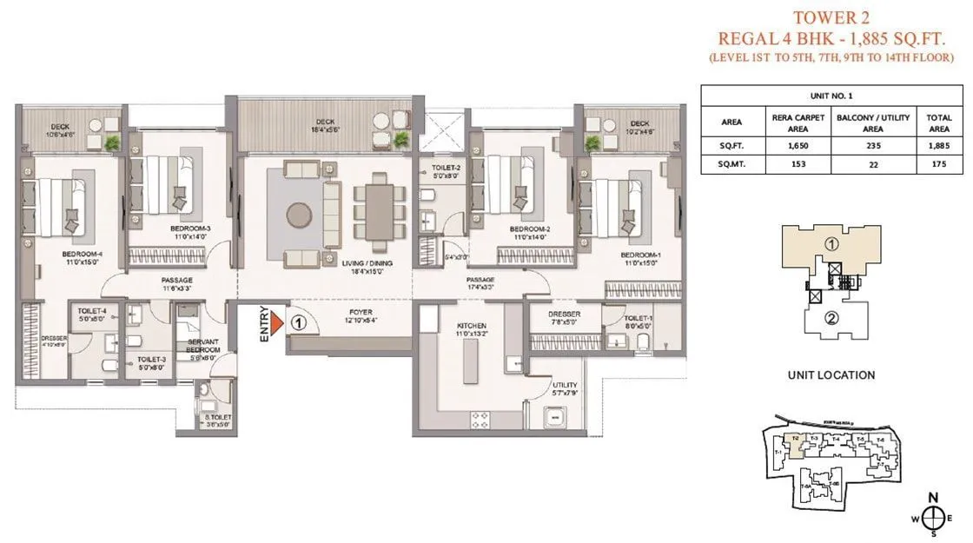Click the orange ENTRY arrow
275,324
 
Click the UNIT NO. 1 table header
831,96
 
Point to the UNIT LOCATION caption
831,375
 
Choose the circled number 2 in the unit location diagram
831,317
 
